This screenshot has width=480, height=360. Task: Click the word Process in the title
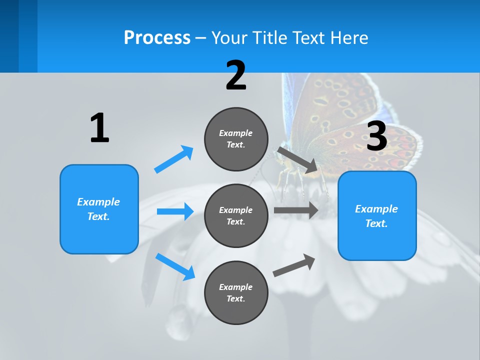pos(157,38)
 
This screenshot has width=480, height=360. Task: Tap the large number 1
pos(99,128)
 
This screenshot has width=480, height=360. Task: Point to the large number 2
pos(236,75)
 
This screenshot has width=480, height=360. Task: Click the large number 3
pos(377,136)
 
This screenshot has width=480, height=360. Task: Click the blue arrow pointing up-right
pos(174,159)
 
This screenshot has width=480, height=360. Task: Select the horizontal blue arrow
pos(175,211)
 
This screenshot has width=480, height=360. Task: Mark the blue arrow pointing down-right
pos(175,266)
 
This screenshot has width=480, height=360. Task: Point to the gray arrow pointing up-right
pos(294,265)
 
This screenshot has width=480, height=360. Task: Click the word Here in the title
pos(350,38)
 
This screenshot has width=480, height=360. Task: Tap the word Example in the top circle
pos(236,133)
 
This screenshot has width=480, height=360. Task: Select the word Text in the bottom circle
pos(235,298)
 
